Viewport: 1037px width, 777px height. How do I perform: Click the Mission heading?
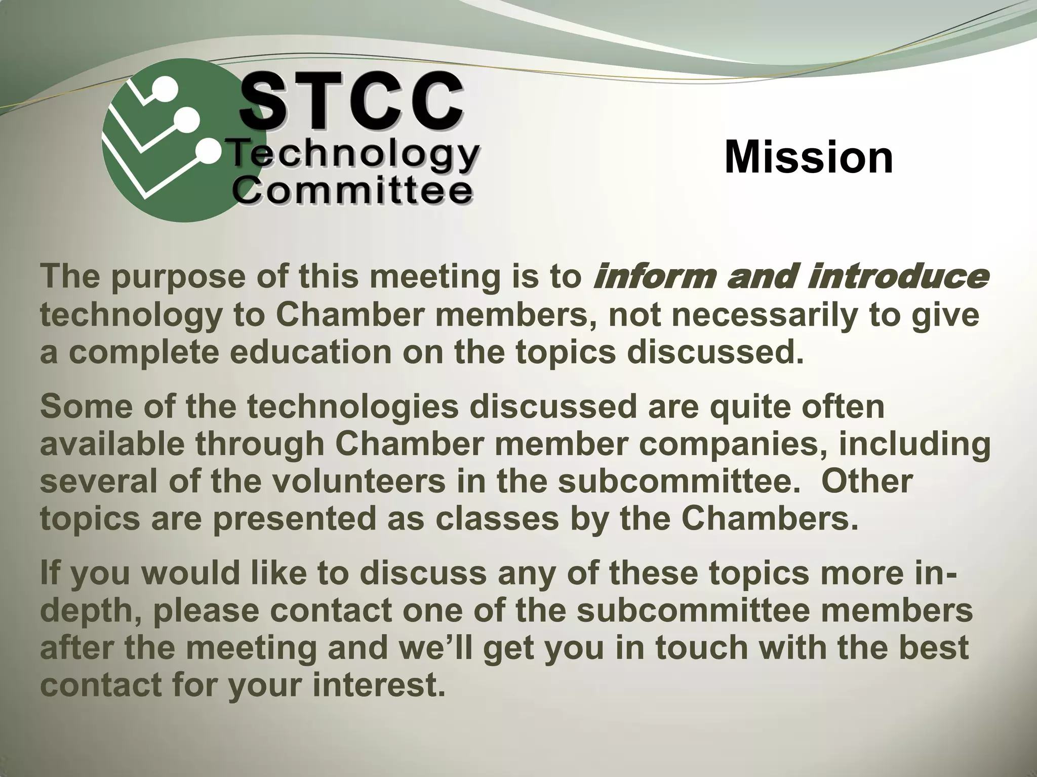(809, 158)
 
